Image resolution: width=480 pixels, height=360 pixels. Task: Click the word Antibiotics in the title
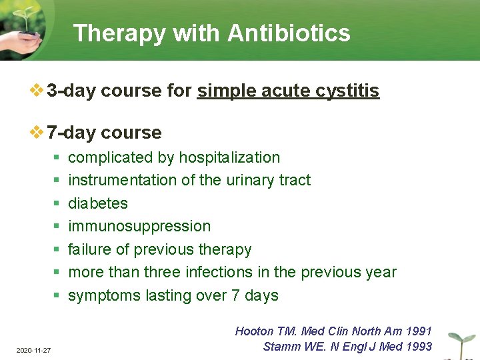pyautogui.click(x=289, y=33)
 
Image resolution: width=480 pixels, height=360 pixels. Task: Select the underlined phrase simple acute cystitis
pyautogui.click(x=288, y=91)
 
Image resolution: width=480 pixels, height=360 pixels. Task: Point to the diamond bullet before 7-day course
pyautogui.click(x=37, y=132)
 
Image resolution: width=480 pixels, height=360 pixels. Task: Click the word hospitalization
pyautogui.click(x=229, y=157)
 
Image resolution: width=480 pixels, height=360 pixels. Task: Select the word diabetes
pyautogui.click(x=98, y=203)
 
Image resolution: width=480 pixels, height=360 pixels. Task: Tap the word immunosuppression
pyautogui.click(x=139, y=226)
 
